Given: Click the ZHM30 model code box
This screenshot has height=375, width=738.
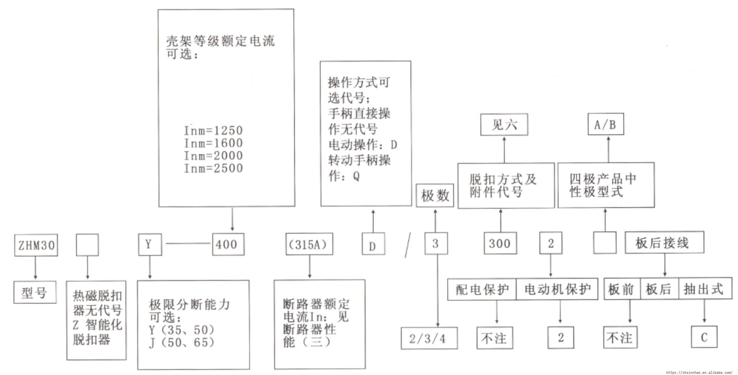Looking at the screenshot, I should [x=36, y=245].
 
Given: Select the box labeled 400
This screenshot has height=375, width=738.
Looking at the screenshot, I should [x=228, y=244].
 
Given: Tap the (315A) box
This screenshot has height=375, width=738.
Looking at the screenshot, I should [x=309, y=244].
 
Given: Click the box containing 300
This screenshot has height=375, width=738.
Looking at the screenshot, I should [x=500, y=243].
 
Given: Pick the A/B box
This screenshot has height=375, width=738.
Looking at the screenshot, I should [x=606, y=124].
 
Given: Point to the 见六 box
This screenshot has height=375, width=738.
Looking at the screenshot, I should [x=504, y=125].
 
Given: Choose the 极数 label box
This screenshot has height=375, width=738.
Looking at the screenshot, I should [x=435, y=196].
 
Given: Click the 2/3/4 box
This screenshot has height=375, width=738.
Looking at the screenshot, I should [x=429, y=338].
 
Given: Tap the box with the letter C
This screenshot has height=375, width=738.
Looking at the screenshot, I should [x=704, y=337].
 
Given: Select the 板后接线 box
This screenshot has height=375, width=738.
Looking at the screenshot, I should [x=664, y=243].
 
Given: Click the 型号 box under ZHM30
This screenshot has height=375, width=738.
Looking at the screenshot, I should [x=35, y=293].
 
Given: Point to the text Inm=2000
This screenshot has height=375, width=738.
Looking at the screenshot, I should [x=213, y=156].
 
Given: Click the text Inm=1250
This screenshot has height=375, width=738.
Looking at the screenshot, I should [x=213, y=130].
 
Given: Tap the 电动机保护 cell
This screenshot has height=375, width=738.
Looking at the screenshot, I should [x=557, y=289].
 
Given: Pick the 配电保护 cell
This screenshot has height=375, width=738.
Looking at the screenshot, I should [x=482, y=289].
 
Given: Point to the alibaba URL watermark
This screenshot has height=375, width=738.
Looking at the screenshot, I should [x=699, y=372].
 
